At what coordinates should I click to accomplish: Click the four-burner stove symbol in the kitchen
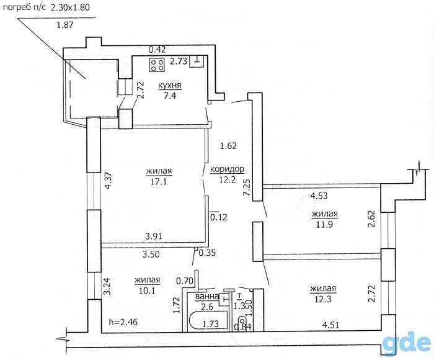coord(157,65)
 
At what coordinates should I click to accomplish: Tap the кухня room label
coord(170,86)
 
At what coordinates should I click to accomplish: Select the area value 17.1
coord(159,181)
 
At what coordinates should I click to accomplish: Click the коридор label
coord(227,169)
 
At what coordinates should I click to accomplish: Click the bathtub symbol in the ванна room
coord(208,321)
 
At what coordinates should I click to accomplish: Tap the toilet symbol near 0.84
coord(242,322)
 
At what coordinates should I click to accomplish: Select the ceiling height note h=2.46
coord(123,322)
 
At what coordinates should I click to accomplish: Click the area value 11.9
coord(324,224)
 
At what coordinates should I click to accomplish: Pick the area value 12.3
coord(323,299)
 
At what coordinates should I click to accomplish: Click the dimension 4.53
coord(319,196)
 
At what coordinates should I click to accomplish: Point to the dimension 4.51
coord(330,325)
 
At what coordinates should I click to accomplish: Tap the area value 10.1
coord(148,290)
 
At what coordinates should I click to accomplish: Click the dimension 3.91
coord(154,236)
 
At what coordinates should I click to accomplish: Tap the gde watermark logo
coord(407,343)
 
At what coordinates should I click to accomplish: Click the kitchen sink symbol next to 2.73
coord(197,61)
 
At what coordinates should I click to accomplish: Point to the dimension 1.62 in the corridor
coord(228,145)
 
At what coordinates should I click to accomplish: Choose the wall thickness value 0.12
coord(219,217)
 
